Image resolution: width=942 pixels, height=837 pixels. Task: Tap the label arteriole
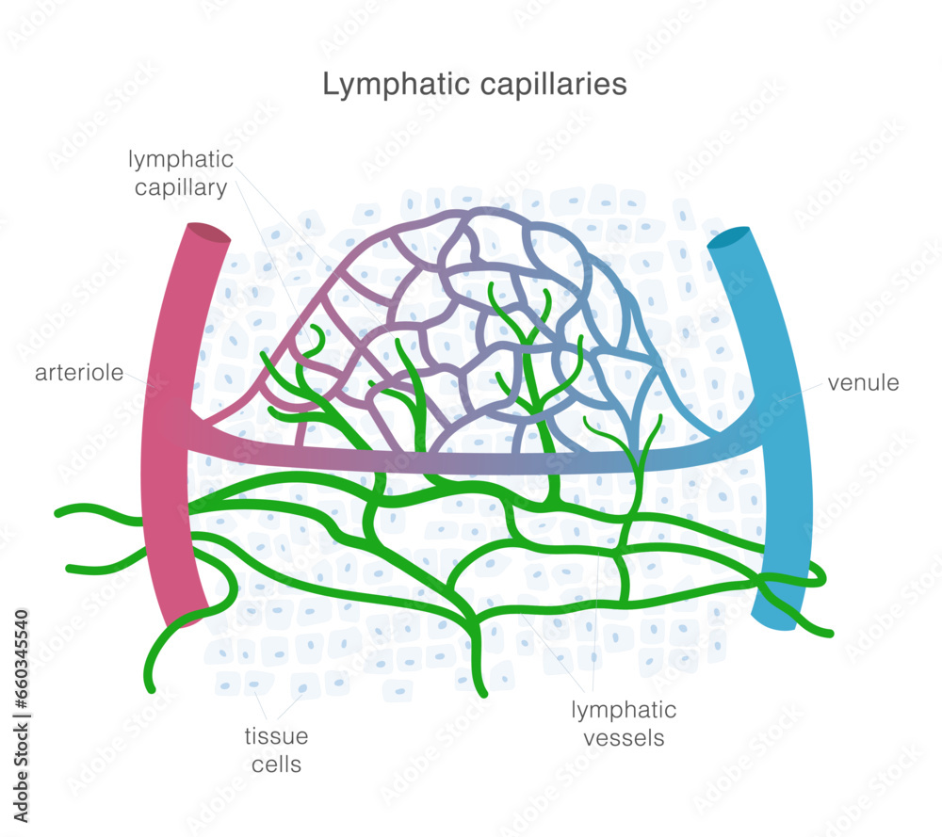(x=79, y=373)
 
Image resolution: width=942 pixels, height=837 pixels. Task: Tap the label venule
(x=863, y=383)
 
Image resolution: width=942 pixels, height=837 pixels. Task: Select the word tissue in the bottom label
(x=277, y=736)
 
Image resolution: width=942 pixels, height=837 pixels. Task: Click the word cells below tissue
(x=277, y=764)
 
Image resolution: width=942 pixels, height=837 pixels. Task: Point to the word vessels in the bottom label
(x=624, y=737)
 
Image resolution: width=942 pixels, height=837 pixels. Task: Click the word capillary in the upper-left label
(x=180, y=187)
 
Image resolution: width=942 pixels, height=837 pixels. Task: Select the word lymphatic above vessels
(x=624, y=710)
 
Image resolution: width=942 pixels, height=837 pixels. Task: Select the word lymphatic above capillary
(x=181, y=160)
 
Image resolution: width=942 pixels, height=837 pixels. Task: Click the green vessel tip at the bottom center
(x=483, y=692)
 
